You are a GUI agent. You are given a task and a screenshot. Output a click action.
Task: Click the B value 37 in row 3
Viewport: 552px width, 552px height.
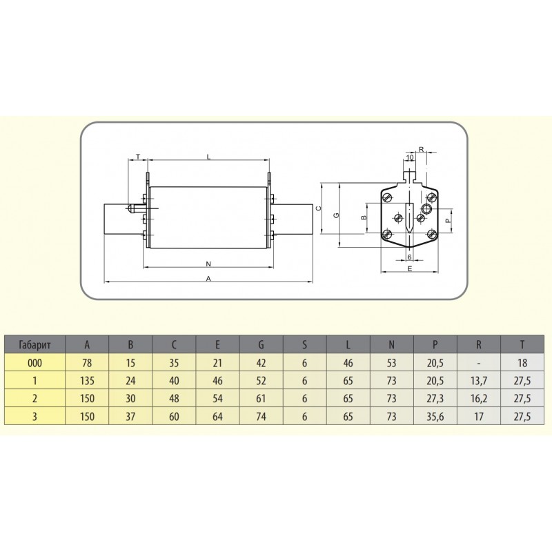(x=130, y=416)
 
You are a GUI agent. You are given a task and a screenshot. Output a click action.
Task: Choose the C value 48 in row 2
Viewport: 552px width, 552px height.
(x=174, y=398)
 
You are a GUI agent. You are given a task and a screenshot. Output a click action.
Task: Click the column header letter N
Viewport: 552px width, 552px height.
(x=392, y=344)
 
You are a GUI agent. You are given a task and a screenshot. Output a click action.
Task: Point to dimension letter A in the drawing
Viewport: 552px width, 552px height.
(x=208, y=278)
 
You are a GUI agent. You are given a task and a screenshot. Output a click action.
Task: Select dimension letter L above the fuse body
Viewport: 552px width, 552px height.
(x=208, y=157)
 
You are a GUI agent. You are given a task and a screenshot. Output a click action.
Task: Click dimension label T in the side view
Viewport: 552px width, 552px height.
(x=137, y=157)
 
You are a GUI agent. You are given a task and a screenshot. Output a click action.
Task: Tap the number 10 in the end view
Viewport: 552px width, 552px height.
(x=410, y=157)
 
